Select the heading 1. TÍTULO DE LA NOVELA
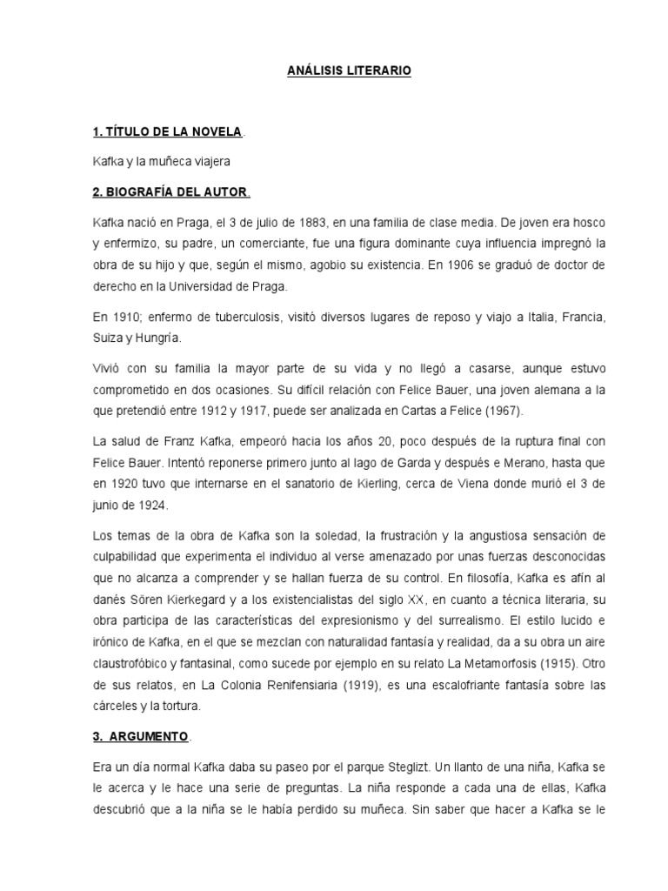pyautogui.click(x=167, y=131)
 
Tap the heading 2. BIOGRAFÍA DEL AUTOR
pyautogui.click(x=170, y=191)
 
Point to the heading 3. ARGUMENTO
pyautogui.click(x=140, y=736)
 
